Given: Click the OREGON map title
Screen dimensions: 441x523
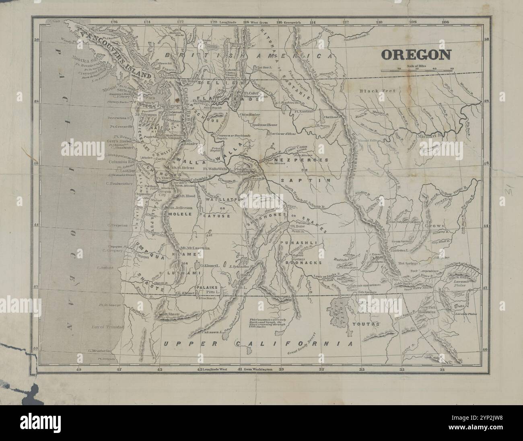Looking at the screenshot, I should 416,54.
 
